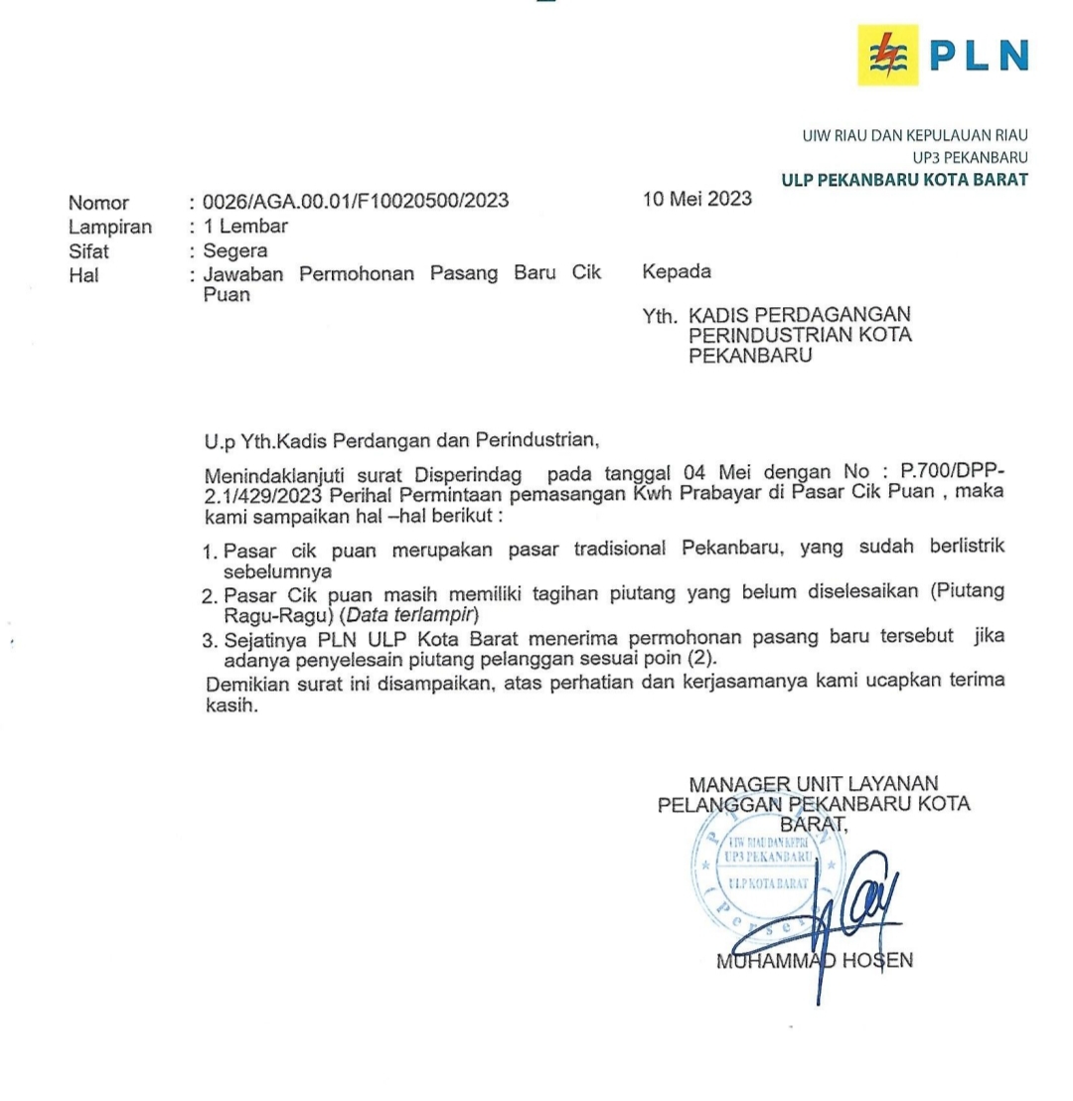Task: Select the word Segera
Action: pos(235,250)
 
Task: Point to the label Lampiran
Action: pos(110,227)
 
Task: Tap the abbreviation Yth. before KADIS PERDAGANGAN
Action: pos(659,317)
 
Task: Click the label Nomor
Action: pos(98,204)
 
